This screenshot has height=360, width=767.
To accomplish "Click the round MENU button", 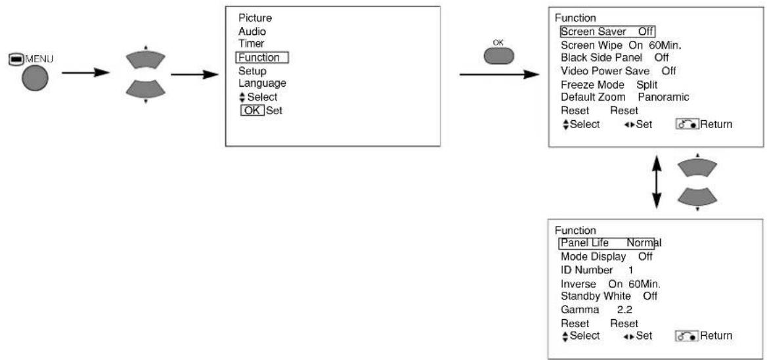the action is click(x=35, y=78).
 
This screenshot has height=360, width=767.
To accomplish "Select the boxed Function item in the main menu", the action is click(x=262, y=58).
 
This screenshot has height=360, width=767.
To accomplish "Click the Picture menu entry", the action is click(x=255, y=18).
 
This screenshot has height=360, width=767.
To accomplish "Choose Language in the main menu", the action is click(x=262, y=83).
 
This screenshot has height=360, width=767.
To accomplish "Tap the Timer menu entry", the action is click(x=252, y=43).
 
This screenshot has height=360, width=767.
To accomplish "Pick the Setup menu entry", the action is click(x=252, y=71).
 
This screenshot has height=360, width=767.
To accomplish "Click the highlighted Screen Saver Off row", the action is click(x=607, y=32).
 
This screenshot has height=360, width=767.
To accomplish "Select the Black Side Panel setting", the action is click(x=615, y=57).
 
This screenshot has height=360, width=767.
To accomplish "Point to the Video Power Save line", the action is click(x=619, y=71).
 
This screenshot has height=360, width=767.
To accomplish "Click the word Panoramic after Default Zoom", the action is click(x=663, y=97).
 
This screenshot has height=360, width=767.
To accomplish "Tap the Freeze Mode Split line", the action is click(x=609, y=84).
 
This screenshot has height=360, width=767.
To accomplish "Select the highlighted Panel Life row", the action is click(x=609, y=242).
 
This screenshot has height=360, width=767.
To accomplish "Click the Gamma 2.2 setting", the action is click(x=590, y=309).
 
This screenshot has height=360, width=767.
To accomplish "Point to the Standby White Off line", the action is click(x=609, y=296).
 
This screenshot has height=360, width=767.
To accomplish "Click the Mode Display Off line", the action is click(x=607, y=256).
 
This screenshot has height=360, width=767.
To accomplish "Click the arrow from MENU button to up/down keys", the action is click(x=85, y=73).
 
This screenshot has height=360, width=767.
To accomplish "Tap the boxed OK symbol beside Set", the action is click(x=252, y=110).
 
